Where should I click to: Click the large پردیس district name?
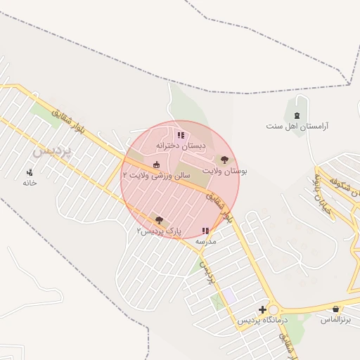click(x=53, y=151)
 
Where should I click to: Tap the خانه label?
click(x=29, y=183)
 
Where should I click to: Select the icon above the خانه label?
click(x=30, y=172)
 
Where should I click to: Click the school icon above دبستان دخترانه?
click(x=181, y=135)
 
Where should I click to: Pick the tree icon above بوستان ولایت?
click(x=224, y=160)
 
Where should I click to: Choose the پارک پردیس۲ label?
click(x=159, y=231)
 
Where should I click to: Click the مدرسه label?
click(x=205, y=241)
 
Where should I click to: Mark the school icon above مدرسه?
click(x=205, y=231)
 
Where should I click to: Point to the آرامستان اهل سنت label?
click(x=297, y=127)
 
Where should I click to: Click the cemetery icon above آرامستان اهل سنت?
click(x=297, y=115)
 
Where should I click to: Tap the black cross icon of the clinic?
click(x=262, y=309)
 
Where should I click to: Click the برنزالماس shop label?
click(x=335, y=320)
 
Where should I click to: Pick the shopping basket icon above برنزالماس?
click(x=336, y=309)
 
